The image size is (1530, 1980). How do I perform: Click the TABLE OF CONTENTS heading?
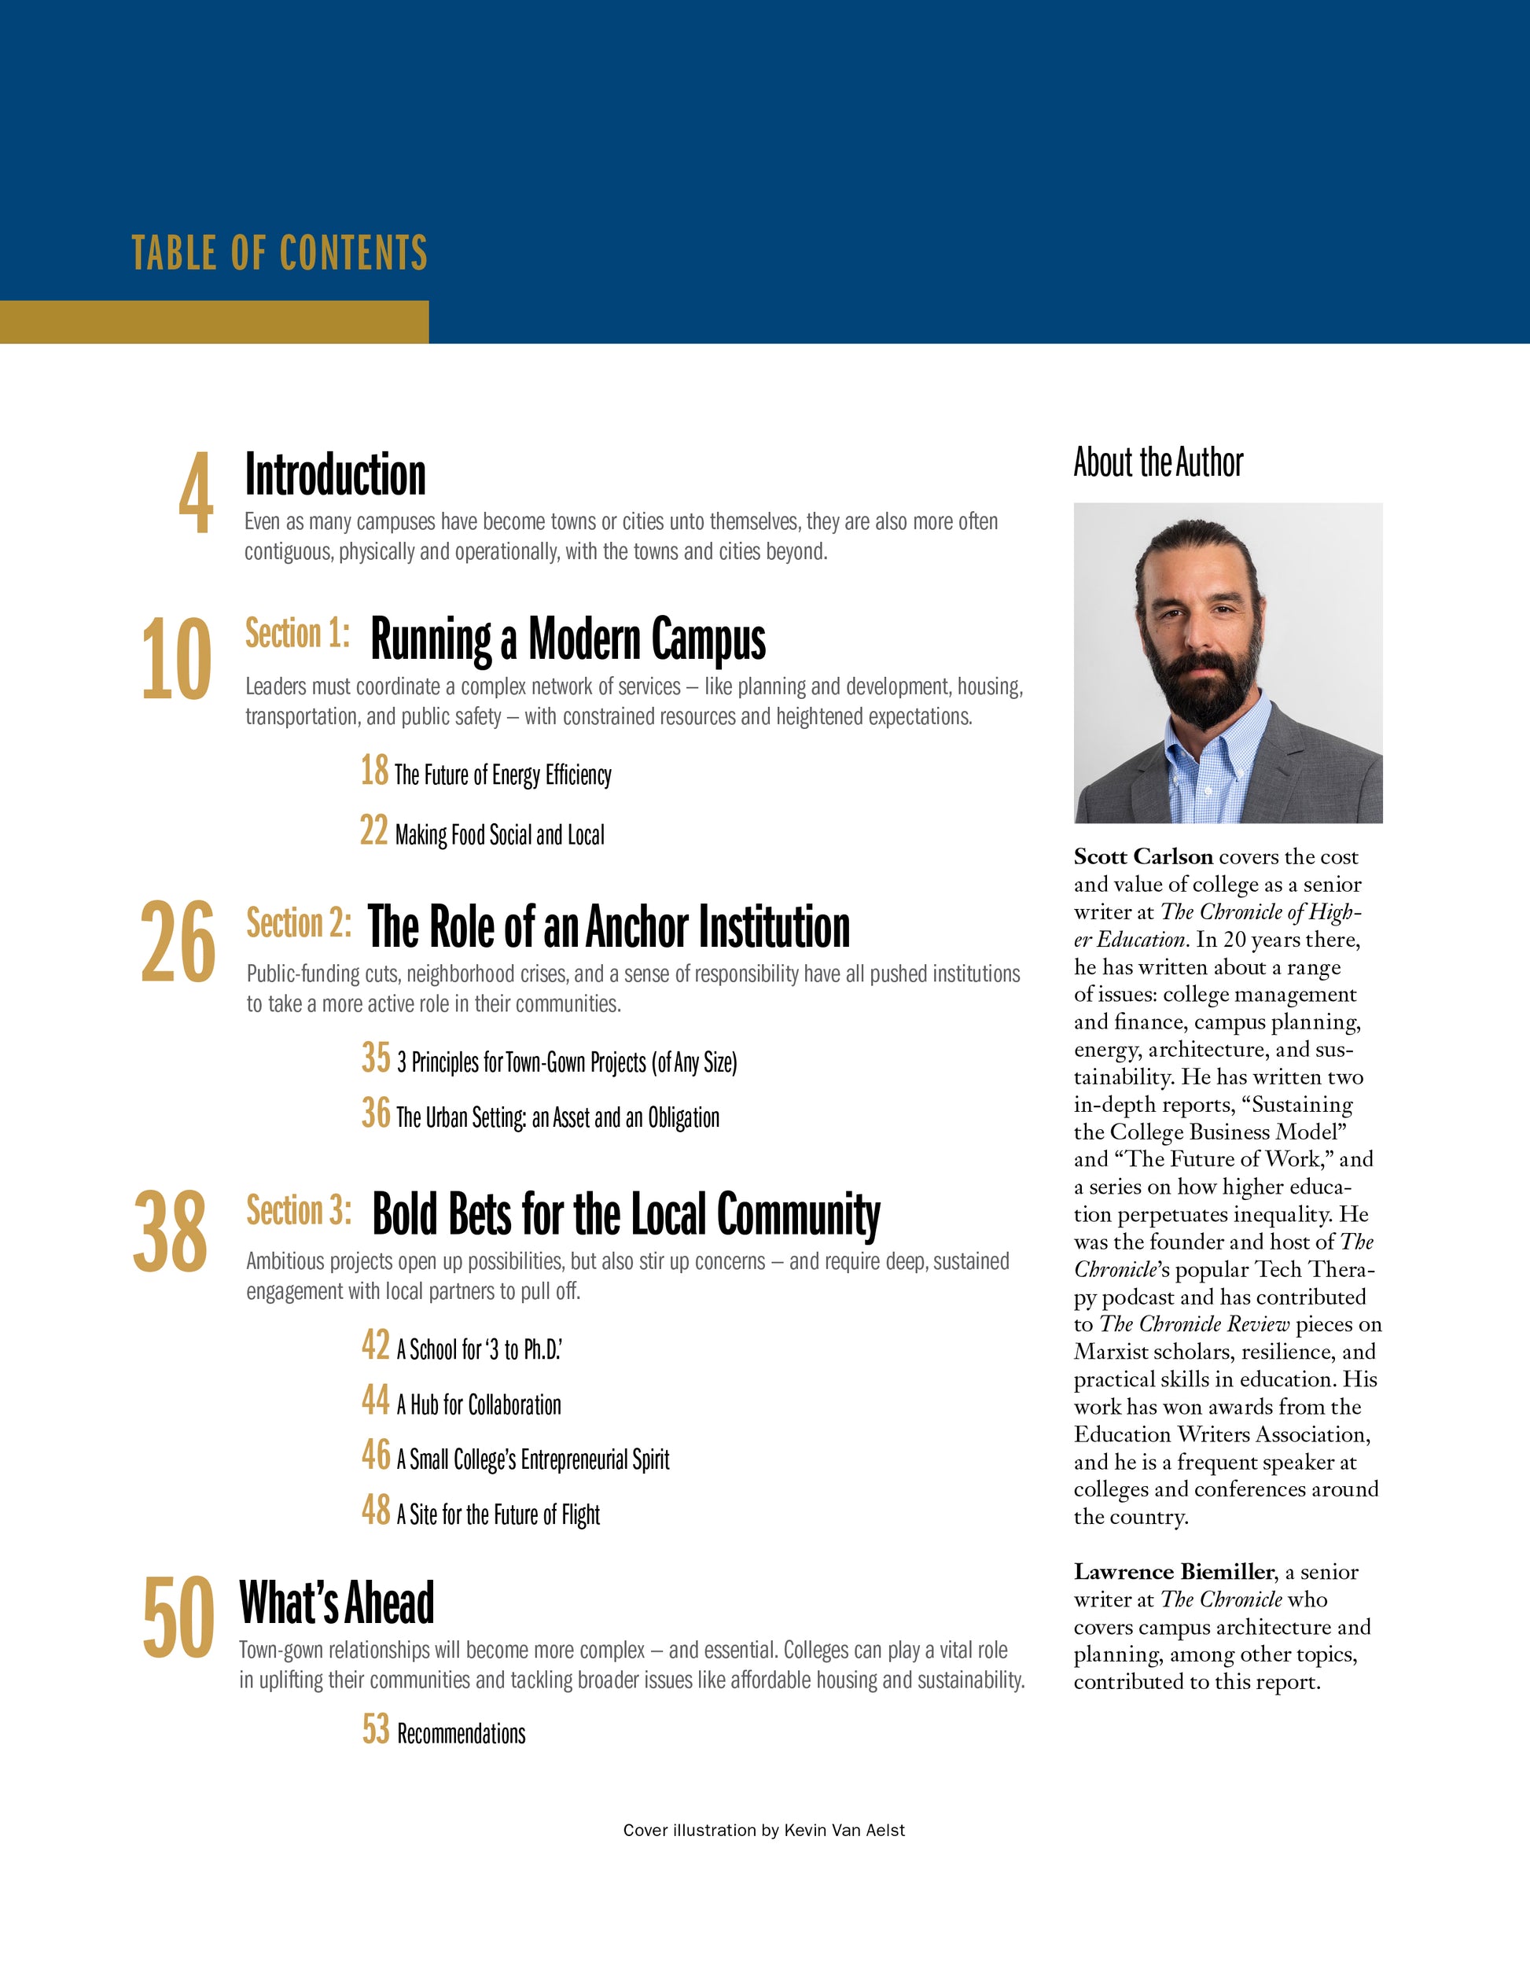tap(279, 253)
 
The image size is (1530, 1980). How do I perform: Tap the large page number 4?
tap(196, 494)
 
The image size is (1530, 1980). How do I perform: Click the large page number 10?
tap(177, 659)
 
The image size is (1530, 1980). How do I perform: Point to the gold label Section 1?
tap(297, 634)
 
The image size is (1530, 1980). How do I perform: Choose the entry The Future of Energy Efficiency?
tap(502, 775)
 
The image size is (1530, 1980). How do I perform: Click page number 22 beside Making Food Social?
tap(373, 830)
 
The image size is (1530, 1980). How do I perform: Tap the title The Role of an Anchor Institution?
tap(609, 926)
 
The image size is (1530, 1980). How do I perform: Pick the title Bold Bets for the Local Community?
tap(625, 1215)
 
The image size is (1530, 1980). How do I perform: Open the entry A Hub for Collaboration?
tap(479, 1405)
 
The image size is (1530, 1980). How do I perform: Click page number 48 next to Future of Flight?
tap(375, 1511)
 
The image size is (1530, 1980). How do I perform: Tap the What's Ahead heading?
tap(337, 1603)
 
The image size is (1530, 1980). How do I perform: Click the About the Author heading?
tap(1157, 462)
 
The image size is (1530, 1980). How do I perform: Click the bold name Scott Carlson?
tap(1143, 857)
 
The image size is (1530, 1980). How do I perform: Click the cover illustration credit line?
tap(763, 1831)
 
